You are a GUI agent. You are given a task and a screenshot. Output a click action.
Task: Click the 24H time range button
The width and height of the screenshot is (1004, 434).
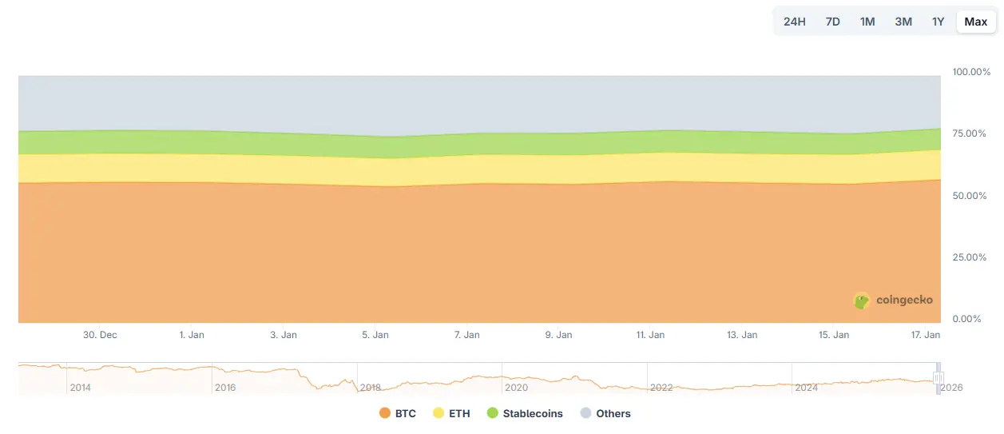point(794,22)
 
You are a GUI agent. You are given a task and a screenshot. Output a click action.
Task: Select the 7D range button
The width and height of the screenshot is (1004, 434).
point(832,22)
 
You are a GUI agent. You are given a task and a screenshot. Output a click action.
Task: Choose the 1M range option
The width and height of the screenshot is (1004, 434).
point(867,22)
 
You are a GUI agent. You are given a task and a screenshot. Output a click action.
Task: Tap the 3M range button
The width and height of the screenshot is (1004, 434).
point(903,22)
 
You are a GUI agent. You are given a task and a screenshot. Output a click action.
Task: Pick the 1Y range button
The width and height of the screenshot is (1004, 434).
point(938,22)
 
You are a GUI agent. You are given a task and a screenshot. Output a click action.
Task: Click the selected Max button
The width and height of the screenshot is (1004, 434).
point(975,22)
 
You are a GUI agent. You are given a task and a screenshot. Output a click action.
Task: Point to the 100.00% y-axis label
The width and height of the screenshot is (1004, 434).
point(971,72)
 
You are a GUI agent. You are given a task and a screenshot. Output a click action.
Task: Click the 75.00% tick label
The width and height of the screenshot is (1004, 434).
point(969,133)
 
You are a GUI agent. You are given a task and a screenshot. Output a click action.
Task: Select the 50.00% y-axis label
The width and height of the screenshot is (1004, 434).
point(969,195)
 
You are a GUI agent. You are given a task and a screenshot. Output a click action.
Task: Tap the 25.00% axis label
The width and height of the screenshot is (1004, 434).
point(969,257)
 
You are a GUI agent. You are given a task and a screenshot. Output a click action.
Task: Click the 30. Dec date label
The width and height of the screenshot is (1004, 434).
point(100,335)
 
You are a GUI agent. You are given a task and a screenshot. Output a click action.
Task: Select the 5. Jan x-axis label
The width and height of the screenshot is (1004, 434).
point(375,335)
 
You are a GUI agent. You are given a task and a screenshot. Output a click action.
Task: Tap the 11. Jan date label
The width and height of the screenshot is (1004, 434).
point(650,335)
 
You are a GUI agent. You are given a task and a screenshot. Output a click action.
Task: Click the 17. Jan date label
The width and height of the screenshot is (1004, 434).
point(927,335)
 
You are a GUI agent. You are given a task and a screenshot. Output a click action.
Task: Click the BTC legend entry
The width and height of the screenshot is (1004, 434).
point(398,413)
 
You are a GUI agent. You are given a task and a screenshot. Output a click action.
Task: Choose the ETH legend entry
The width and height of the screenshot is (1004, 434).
point(451,413)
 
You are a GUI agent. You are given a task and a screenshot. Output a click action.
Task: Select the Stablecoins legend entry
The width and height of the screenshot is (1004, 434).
point(525,413)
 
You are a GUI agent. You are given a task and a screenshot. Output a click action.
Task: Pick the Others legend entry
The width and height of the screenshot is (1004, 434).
point(605,413)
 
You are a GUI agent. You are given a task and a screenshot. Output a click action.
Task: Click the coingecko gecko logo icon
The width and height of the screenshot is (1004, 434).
point(862,301)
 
